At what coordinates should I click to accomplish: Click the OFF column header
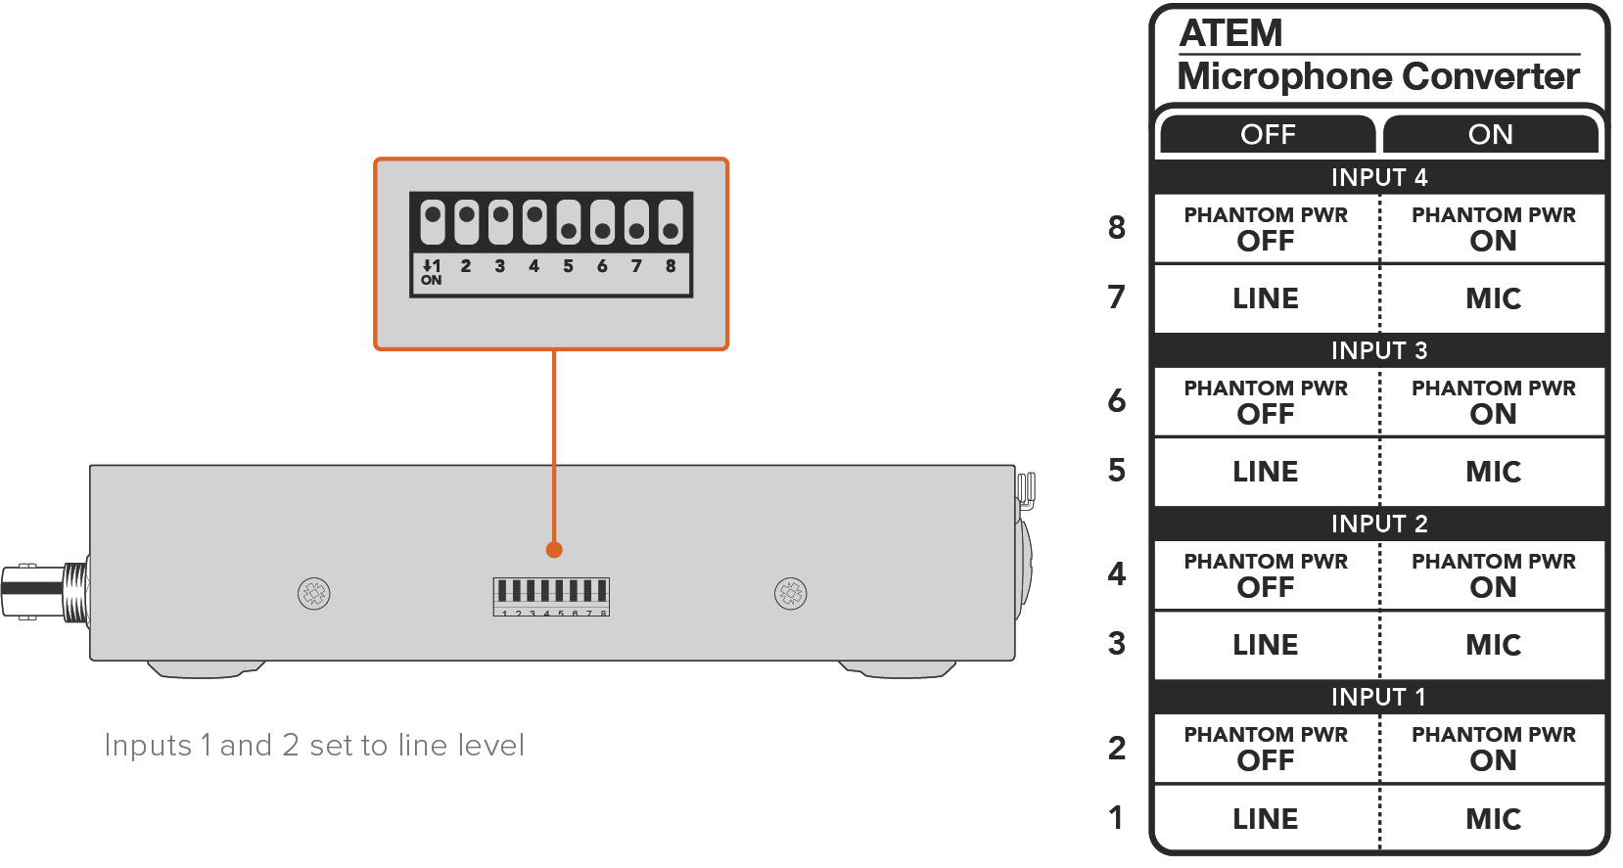1268,134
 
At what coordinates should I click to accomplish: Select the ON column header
1490,134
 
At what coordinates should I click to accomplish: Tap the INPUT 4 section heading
1378,177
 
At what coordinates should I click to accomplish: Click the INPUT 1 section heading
1378,697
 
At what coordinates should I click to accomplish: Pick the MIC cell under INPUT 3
1493,472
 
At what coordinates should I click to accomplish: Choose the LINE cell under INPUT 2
1266,645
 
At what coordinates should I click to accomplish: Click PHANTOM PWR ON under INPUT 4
1493,229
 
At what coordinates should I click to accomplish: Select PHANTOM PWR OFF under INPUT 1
1266,749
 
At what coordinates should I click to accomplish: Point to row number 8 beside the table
1117,228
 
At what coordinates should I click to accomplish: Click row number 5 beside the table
1117,471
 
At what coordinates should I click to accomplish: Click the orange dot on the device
554,550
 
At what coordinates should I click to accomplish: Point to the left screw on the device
314,593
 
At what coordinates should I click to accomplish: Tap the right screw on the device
791,593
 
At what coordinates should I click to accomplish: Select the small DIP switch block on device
551,596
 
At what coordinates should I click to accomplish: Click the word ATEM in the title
1230,34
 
